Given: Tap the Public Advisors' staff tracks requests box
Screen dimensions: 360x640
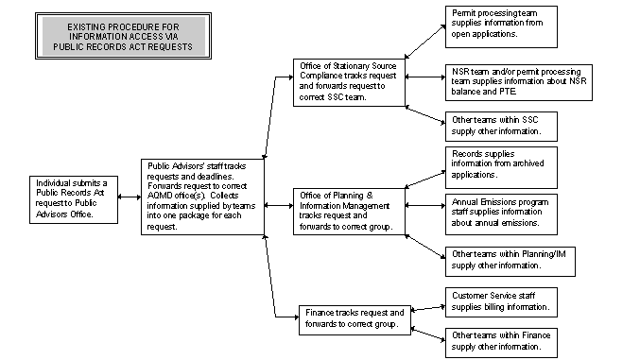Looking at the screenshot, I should point(201,196).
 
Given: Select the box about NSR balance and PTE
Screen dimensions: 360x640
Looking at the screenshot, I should point(518,82).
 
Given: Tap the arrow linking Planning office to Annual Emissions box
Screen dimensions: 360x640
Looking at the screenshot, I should point(424,206).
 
